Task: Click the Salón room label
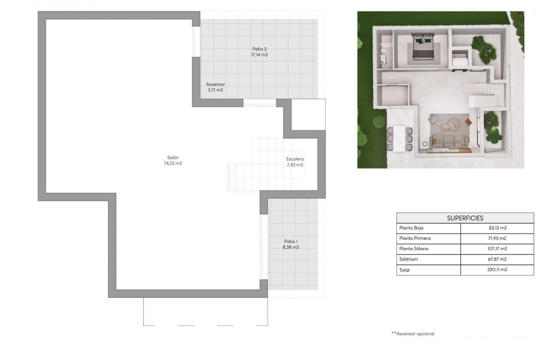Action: coord(172,157)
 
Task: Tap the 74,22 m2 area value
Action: coord(172,163)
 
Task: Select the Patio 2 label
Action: coord(259,49)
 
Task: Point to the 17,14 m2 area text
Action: coord(259,55)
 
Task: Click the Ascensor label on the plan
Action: coord(215,84)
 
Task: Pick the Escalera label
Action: coord(294,158)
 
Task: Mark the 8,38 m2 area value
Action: coord(290,247)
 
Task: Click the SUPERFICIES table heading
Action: coord(465,218)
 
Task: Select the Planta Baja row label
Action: coord(411,228)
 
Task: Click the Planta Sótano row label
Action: coord(413,248)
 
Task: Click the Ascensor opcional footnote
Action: coord(413,333)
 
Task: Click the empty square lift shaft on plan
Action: coord(304,115)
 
